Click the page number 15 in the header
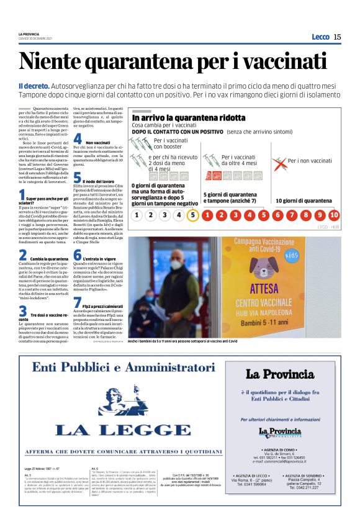338,37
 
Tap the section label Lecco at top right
320,37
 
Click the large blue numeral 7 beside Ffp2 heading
77,302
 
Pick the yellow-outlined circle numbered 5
193,215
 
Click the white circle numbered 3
164,215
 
